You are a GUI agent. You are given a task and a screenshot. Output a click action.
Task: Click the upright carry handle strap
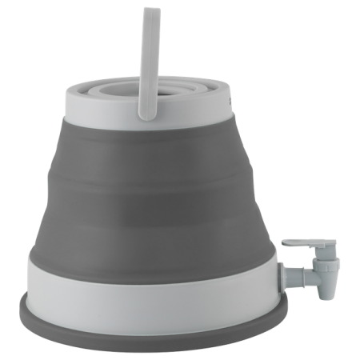148,56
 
